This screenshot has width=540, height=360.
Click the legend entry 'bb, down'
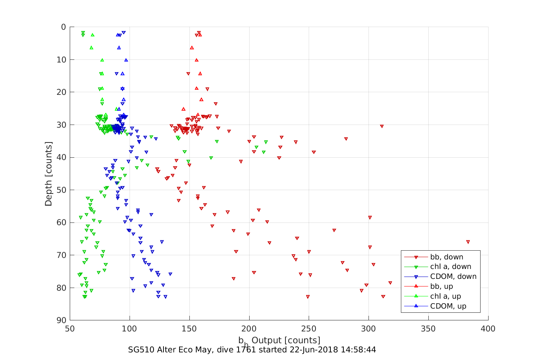[447, 257]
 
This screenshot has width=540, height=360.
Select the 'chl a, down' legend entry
[450, 267]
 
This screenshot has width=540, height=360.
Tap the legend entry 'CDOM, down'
[453, 277]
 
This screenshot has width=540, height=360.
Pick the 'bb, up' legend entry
[441, 286]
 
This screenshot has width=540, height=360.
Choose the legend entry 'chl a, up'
[445, 296]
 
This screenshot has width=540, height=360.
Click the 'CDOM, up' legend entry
[448, 306]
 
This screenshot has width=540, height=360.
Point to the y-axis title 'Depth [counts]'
[49, 174]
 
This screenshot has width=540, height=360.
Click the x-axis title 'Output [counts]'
[286, 340]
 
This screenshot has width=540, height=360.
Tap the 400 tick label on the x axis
[488, 329]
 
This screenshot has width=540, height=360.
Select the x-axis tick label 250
[309, 329]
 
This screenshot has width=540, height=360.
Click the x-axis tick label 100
[130, 329]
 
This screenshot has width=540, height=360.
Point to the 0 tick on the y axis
[63, 27]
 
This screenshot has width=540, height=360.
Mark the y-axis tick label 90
[61, 320]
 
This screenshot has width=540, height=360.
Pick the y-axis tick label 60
[61, 222]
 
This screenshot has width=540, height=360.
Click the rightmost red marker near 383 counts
[468, 242]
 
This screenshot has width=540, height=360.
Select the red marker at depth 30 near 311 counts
[381, 126]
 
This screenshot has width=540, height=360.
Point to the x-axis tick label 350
[428, 329]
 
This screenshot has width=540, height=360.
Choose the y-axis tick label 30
[61, 125]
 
